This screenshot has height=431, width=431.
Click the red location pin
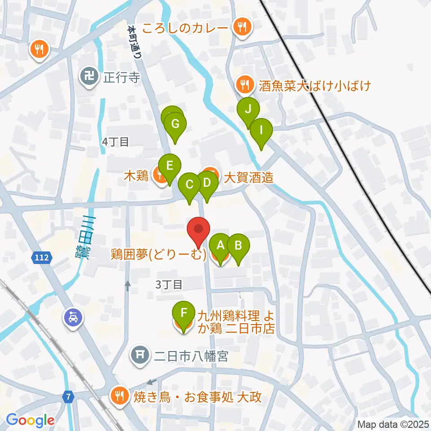click(x=198, y=230)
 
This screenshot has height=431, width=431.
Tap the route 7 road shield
click(x=68, y=396)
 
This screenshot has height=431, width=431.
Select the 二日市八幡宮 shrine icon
click(x=140, y=356)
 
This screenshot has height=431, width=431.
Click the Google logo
click(x=30, y=420)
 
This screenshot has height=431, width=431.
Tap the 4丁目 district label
click(x=116, y=142)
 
